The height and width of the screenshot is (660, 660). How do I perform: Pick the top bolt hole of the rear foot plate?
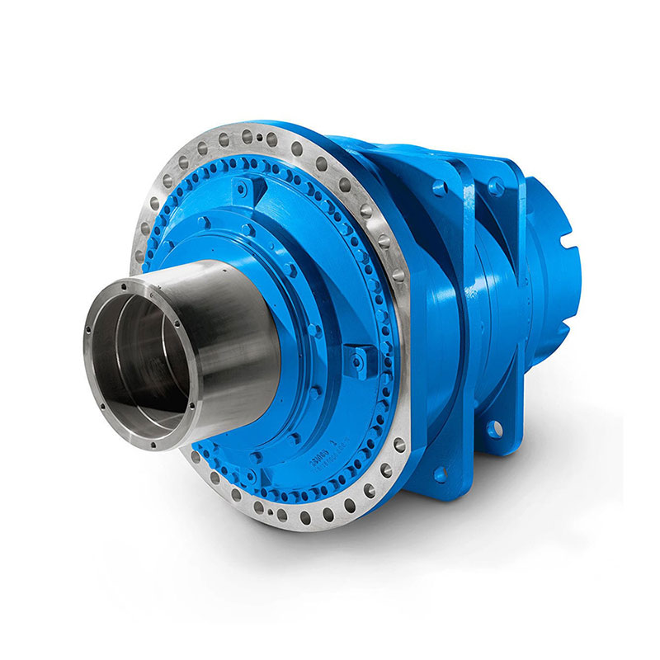pos(496,186)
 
